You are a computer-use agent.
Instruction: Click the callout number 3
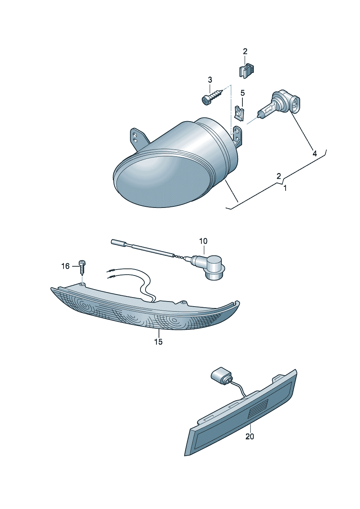tap(210, 80)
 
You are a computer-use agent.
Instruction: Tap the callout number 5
tap(242, 93)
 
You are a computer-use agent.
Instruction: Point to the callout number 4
tap(315, 153)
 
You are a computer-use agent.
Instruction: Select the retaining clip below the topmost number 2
tap(246, 71)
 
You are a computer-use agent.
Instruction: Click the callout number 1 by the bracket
tap(285, 188)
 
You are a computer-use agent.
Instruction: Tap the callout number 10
tap(204, 241)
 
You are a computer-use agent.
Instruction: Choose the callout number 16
tap(65, 266)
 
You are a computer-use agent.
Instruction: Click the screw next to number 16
tap(81, 268)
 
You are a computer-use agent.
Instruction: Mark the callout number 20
tap(250, 436)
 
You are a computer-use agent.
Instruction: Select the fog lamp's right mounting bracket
tap(237, 136)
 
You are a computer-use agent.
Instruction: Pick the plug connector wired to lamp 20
tap(222, 379)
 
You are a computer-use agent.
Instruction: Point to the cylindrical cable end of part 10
tap(119, 243)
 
